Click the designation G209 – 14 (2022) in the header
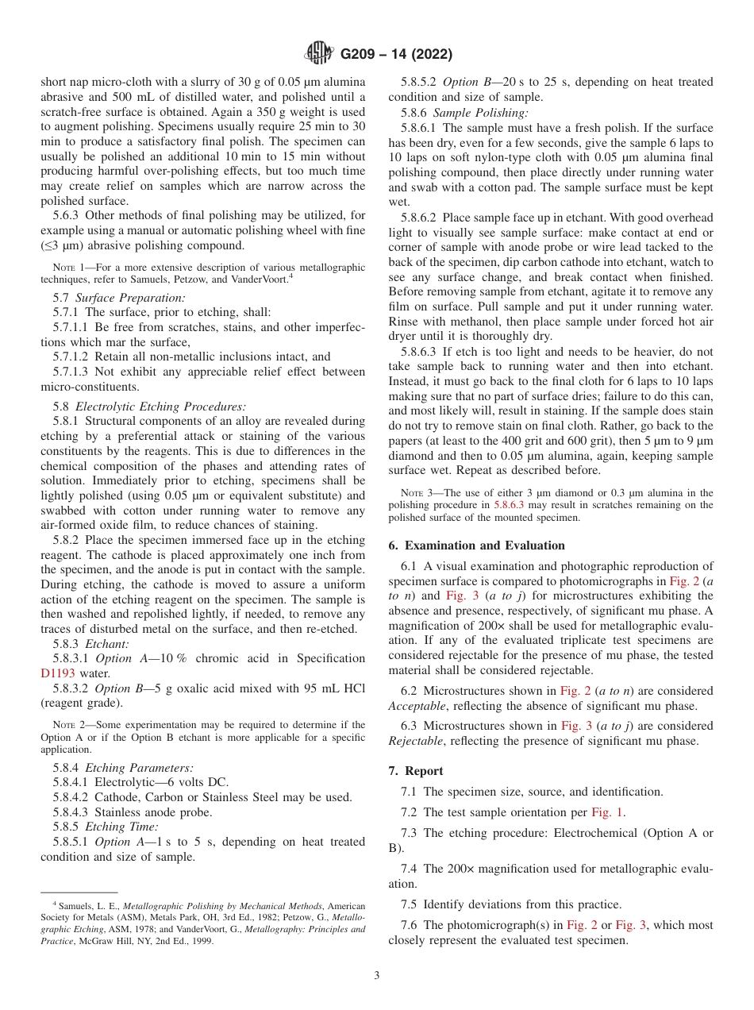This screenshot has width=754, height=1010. click(396, 55)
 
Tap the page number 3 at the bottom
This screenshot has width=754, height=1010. click(377, 976)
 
